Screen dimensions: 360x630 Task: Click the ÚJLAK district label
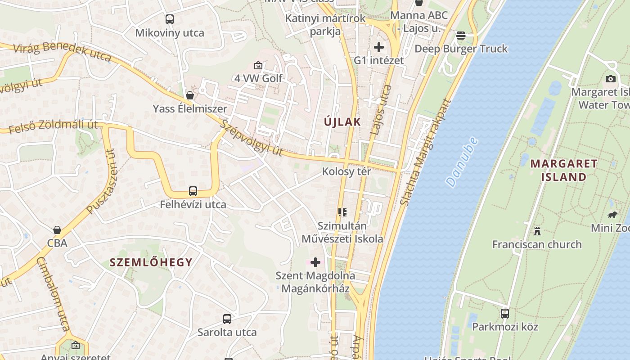(x=342, y=121)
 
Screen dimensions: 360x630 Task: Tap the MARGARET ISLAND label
(x=564, y=170)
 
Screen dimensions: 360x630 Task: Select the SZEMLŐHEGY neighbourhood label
(x=151, y=262)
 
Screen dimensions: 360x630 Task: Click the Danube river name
(x=462, y=162)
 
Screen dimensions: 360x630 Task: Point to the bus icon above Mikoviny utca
(x=169, y=19)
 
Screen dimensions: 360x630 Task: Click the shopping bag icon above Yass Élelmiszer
(x=190, y=95)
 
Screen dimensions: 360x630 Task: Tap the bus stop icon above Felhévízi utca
(x=193, y=191)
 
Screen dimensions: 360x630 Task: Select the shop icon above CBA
(x=57, y=230)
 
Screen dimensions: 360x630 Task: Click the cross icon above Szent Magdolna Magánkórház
(x=315, y=262)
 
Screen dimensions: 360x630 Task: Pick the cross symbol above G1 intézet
(x=379, y=47)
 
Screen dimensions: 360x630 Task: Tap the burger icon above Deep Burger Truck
(x=461, y=35)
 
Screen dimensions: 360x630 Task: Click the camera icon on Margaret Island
(x=611, y=79)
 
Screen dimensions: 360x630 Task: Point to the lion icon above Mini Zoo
(x=612, y=215)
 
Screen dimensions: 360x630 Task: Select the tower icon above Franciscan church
(x=537, y=231)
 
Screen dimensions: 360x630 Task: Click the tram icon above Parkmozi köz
(x=505, y=314)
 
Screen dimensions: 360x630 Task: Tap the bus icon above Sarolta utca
(x=227, y=319)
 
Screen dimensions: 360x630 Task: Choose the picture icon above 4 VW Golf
(x=258, y=65)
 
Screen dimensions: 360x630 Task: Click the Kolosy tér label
(x=346, y=171)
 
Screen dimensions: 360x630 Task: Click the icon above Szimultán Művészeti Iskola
(x=342, y=212)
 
